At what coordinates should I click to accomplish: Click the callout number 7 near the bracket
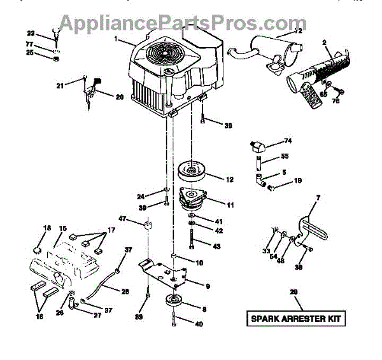(318, 199)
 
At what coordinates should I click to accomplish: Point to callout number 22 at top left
(31, 32)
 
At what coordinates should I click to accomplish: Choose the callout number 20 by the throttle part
(119, 97)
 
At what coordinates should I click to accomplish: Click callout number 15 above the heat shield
(63, 228)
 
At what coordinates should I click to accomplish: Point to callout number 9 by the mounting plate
(208, 286)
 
